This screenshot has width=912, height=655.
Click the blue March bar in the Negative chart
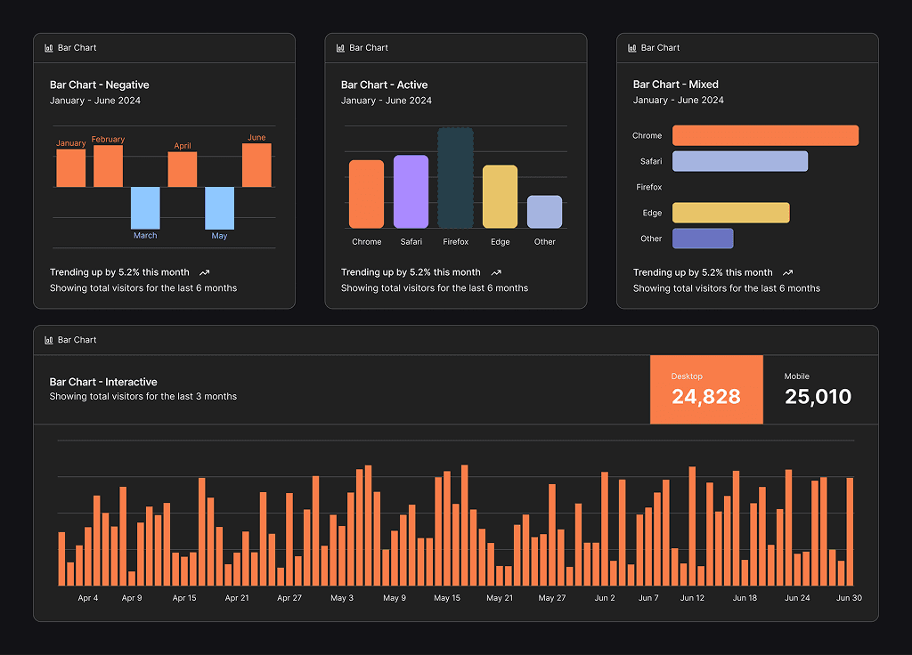145,208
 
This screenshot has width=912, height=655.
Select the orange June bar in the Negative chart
256,166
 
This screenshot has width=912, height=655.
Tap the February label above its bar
108,140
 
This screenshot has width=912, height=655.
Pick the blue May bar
219,208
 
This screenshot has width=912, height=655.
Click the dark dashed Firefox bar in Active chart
455,178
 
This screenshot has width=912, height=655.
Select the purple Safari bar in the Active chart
411,191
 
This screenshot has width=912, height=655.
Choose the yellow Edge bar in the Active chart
500,197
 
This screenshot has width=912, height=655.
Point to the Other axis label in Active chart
544,242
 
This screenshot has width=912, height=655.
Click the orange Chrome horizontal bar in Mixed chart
765,135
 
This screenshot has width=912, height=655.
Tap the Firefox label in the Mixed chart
648,188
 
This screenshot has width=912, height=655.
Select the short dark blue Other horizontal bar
703,239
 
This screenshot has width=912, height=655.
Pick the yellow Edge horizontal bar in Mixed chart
730,213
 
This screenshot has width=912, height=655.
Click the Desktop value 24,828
705,397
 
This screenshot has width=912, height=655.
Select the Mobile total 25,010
818,397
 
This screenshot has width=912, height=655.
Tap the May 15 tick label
447,598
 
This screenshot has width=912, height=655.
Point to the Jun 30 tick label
849,598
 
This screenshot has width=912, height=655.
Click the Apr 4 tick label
88,598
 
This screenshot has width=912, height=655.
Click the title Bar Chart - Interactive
103,382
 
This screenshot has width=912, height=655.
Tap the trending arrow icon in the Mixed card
787,273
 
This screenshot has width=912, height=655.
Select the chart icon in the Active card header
340,48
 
